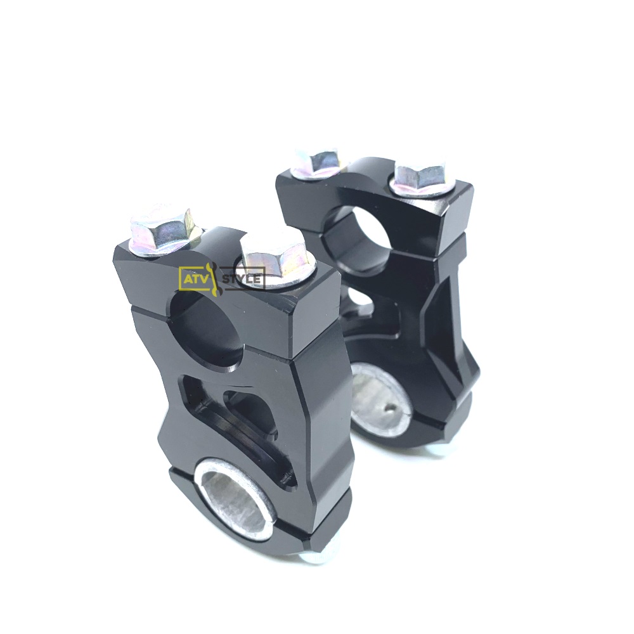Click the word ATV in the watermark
193,278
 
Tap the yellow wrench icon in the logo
212,278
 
